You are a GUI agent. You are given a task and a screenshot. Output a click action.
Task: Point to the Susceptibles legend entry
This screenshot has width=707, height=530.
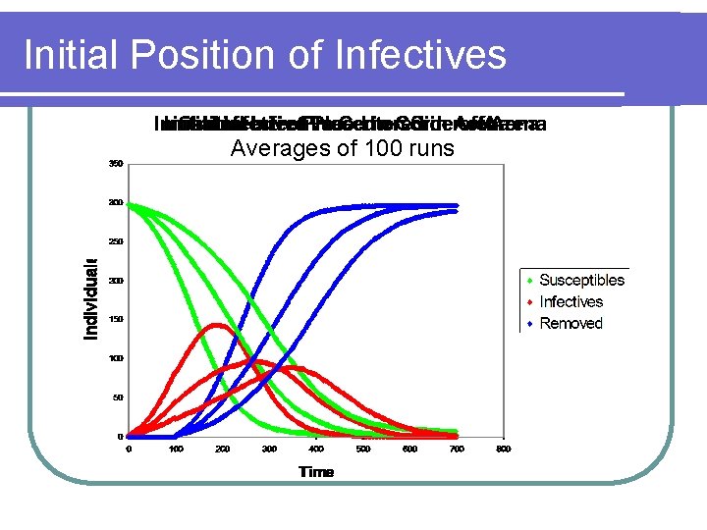click(581, 281)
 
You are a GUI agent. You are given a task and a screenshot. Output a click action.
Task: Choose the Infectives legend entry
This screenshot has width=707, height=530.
click(571, 302)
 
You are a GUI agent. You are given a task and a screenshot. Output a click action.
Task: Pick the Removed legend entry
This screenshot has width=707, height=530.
click(571, 323)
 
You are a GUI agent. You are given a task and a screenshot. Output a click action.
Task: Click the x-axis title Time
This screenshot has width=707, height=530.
click(316, 472)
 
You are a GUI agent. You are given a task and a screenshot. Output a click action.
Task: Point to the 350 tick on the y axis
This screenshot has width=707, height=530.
click(116, 164)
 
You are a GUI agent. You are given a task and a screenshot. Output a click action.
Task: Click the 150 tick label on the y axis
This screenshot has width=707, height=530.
click(116, 320)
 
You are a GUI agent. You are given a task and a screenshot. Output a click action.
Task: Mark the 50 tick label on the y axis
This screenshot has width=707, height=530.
click(118, 397)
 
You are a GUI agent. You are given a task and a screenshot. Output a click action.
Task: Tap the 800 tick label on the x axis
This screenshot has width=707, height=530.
click(504, 450)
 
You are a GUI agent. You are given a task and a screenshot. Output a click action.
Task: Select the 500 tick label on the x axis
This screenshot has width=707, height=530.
click(363, 450)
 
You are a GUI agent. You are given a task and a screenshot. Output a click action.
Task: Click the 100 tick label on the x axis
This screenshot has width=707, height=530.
click(176, 450)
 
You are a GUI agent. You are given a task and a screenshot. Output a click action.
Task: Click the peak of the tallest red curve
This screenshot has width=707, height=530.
click(218, 325)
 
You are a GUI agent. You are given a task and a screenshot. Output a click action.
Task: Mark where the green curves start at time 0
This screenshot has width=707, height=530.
click(130, 204)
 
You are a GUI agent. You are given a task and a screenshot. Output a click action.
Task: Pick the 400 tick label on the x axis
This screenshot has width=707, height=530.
click(316, 450)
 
